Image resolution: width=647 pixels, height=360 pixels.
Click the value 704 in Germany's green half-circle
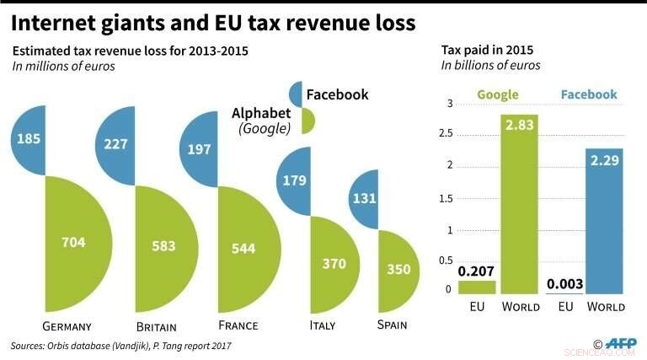coord(73,242)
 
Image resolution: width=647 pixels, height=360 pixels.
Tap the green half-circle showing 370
coord(334,263)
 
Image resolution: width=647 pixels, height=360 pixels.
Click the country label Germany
coord(66,326)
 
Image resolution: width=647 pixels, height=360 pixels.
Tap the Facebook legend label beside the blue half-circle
coord(337,94)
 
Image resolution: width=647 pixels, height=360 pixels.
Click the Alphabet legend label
coord(261,113)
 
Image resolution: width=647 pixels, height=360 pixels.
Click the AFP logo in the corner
coord(622,343)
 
